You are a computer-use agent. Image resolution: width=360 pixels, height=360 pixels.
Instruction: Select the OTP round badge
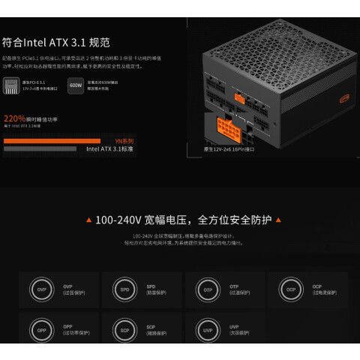click(206, 289)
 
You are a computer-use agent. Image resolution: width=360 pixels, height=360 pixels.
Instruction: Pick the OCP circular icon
click(289, 289)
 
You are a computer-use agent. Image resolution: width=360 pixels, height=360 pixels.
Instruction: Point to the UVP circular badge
click(206, 330)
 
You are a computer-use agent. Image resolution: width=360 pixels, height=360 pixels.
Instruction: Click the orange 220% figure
click(15, 118)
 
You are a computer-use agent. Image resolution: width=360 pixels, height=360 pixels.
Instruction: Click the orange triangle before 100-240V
click(89, 220)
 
